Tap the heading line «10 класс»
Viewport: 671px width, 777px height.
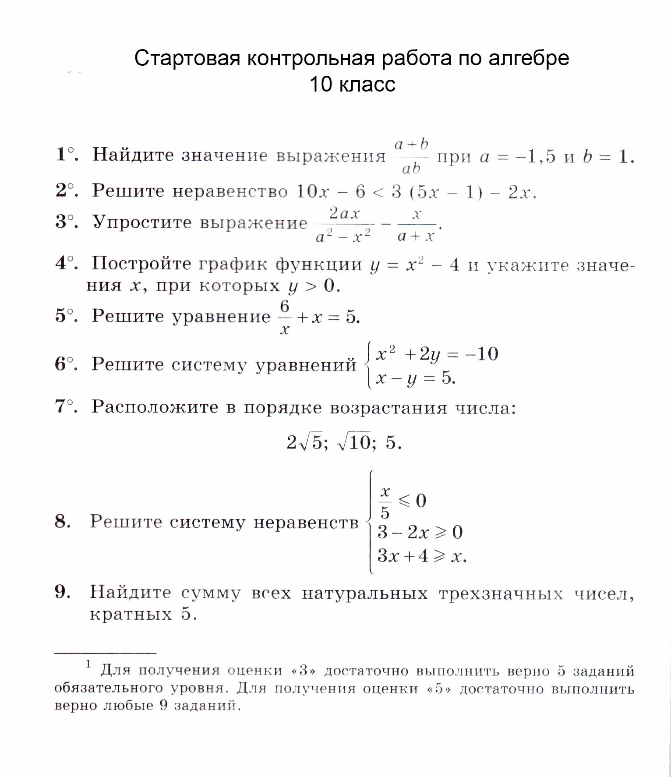coord(352,84)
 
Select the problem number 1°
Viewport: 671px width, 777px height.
coord(67,155)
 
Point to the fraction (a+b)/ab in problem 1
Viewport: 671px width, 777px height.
coord(411,156)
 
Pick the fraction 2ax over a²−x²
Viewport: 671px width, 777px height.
coord(343,225)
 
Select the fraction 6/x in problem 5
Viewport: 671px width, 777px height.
coord(285,317)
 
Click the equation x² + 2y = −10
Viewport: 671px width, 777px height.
coord(436,354)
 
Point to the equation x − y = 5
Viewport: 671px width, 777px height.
coord(415,378)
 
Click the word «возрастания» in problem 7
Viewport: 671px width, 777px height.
coord(388,408)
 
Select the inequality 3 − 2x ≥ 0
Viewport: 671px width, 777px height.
coord(420,532)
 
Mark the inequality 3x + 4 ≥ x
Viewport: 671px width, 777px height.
coord(421,556)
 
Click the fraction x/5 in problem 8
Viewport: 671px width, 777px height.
coord(385,501)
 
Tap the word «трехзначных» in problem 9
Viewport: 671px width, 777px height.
coord(501,594)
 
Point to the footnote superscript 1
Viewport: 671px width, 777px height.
coord(88,664)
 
